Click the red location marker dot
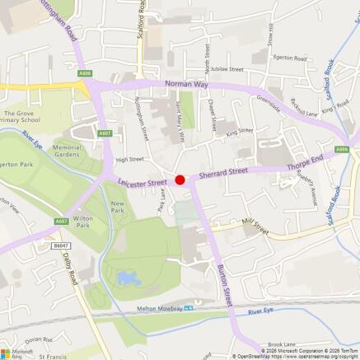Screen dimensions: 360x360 180,180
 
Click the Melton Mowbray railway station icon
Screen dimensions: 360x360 188,308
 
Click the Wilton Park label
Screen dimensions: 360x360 82,222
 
